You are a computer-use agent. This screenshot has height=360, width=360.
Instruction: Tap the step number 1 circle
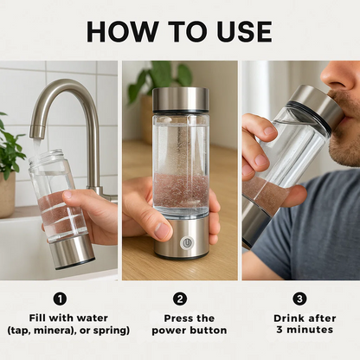tap(60, 299)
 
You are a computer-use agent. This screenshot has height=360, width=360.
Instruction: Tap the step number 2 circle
tap(180, 299)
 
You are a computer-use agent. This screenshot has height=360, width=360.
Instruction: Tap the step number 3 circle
tap(299, 299)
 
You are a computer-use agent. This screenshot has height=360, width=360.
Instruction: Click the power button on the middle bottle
tap(186, 243)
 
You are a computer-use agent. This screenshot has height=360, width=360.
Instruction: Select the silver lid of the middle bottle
tap(180, 100)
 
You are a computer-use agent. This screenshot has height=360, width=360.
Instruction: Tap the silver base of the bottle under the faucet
tap(74, 250)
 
